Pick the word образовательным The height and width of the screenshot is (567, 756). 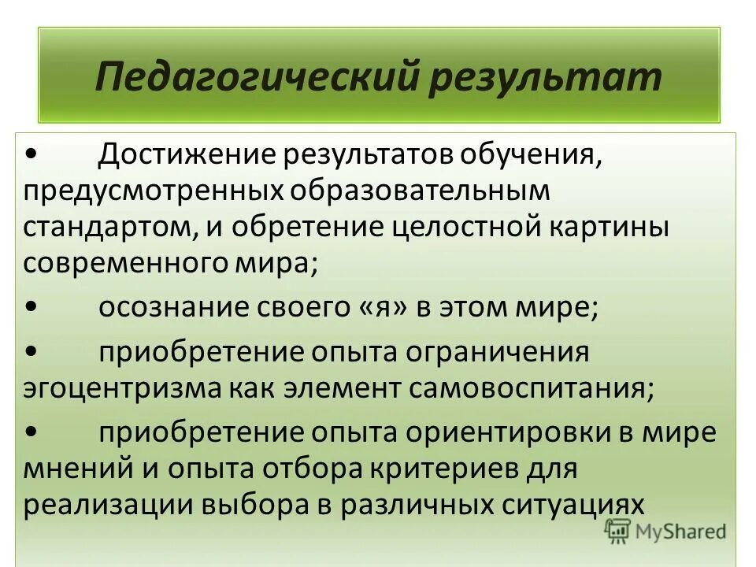click(x=417, y=190)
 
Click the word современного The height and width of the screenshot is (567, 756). click(x=117, y=261)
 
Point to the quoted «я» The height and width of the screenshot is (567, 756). click(x=374, y=308)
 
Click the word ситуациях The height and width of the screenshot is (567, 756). click(x=579, y=505)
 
